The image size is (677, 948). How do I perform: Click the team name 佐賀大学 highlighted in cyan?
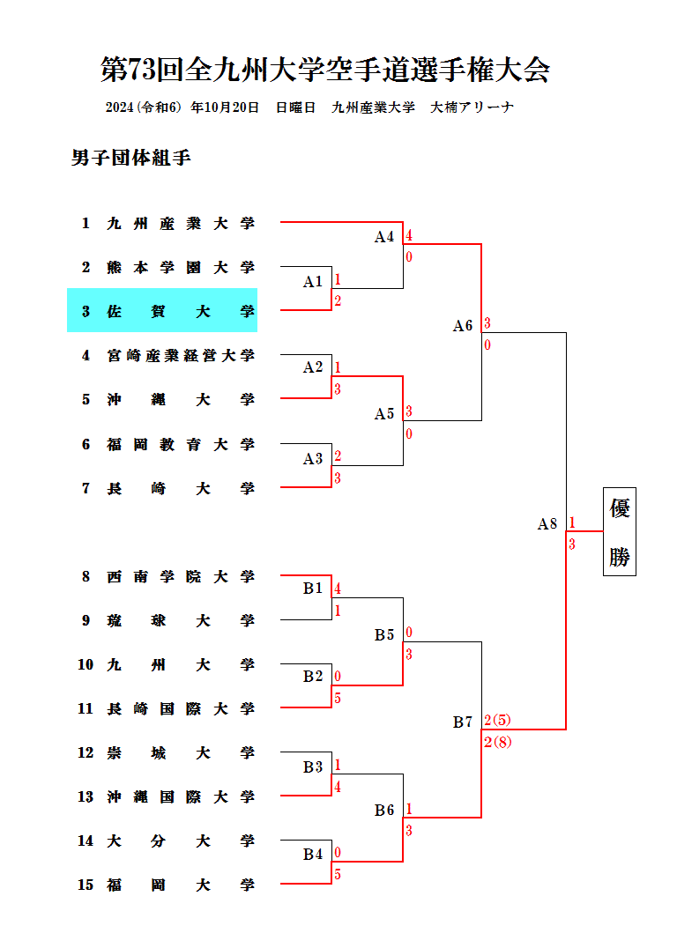[x=181, y=311]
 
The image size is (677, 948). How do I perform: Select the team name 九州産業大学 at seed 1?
[x=181, y=224]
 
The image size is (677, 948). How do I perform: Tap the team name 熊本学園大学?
[x=181, y=268]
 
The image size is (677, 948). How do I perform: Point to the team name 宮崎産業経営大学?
[x=181, y=356]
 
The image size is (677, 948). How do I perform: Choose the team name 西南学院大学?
[x=181, y=577]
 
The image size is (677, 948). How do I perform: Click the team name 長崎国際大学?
[x=181, y=709]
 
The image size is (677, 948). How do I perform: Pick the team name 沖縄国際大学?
[x=181, y=797]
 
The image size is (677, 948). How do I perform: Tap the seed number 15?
[x=86, y=885]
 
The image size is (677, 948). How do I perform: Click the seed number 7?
[x=86, y=488]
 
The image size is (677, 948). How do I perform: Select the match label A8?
[x=547, y=524]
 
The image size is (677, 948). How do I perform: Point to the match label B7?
[x=463, y=722]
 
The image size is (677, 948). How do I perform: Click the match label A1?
[x=313, y=282]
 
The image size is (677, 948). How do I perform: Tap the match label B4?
[x=313, y=854]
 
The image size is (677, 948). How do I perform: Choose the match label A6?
[x=463, y=326]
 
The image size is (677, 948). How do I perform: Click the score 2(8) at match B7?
[x=498, y=743]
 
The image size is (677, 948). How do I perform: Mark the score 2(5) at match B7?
[x=498, y=721]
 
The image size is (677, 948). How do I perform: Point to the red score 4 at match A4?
[x=409, y=236]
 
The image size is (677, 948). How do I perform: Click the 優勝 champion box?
[x=620, y=532]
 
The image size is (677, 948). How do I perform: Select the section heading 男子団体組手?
[x=131, y=159]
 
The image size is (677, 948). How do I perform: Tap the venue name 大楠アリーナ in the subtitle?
[x=472, y=107]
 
